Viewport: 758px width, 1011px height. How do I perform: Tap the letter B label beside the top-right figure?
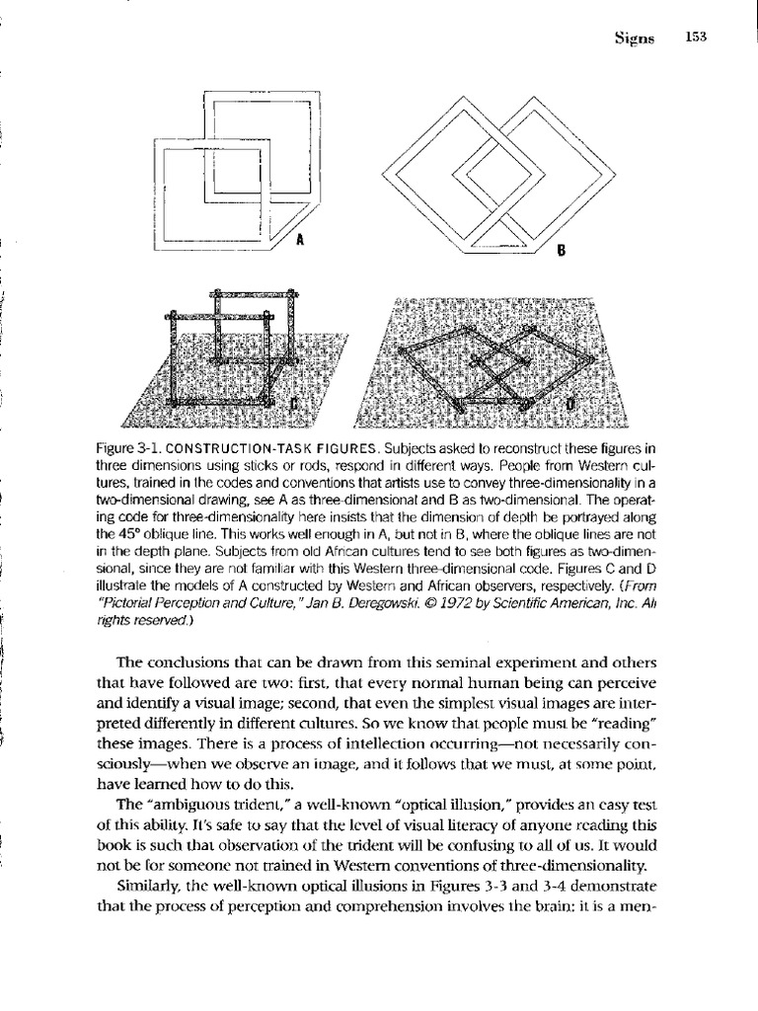(557, 251)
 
